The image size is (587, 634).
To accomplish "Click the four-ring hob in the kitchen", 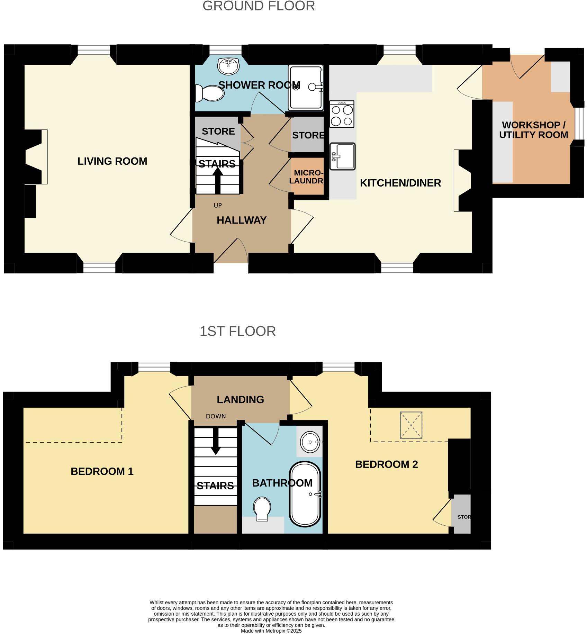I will [342, 114].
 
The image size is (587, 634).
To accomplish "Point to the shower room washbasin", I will [228, 66].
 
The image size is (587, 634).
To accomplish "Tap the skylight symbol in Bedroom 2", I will [411, 425].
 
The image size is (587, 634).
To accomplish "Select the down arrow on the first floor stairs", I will [216, 442].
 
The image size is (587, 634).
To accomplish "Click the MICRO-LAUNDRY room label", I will [307, 177].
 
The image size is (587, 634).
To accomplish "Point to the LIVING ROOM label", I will [112, 161].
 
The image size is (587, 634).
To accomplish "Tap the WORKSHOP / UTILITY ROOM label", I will [533, 130].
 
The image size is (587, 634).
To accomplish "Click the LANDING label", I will [240, 400].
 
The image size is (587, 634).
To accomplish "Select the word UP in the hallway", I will [218, 206].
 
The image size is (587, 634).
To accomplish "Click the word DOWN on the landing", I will [216, 416].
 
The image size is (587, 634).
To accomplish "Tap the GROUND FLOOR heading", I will [258, 6].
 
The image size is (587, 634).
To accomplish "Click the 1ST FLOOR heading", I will [237, 331].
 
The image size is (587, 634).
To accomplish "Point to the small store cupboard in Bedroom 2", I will [462, 514].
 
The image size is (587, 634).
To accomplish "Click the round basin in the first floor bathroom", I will [310, 442].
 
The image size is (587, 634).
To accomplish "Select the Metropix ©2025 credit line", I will [271, 631].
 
